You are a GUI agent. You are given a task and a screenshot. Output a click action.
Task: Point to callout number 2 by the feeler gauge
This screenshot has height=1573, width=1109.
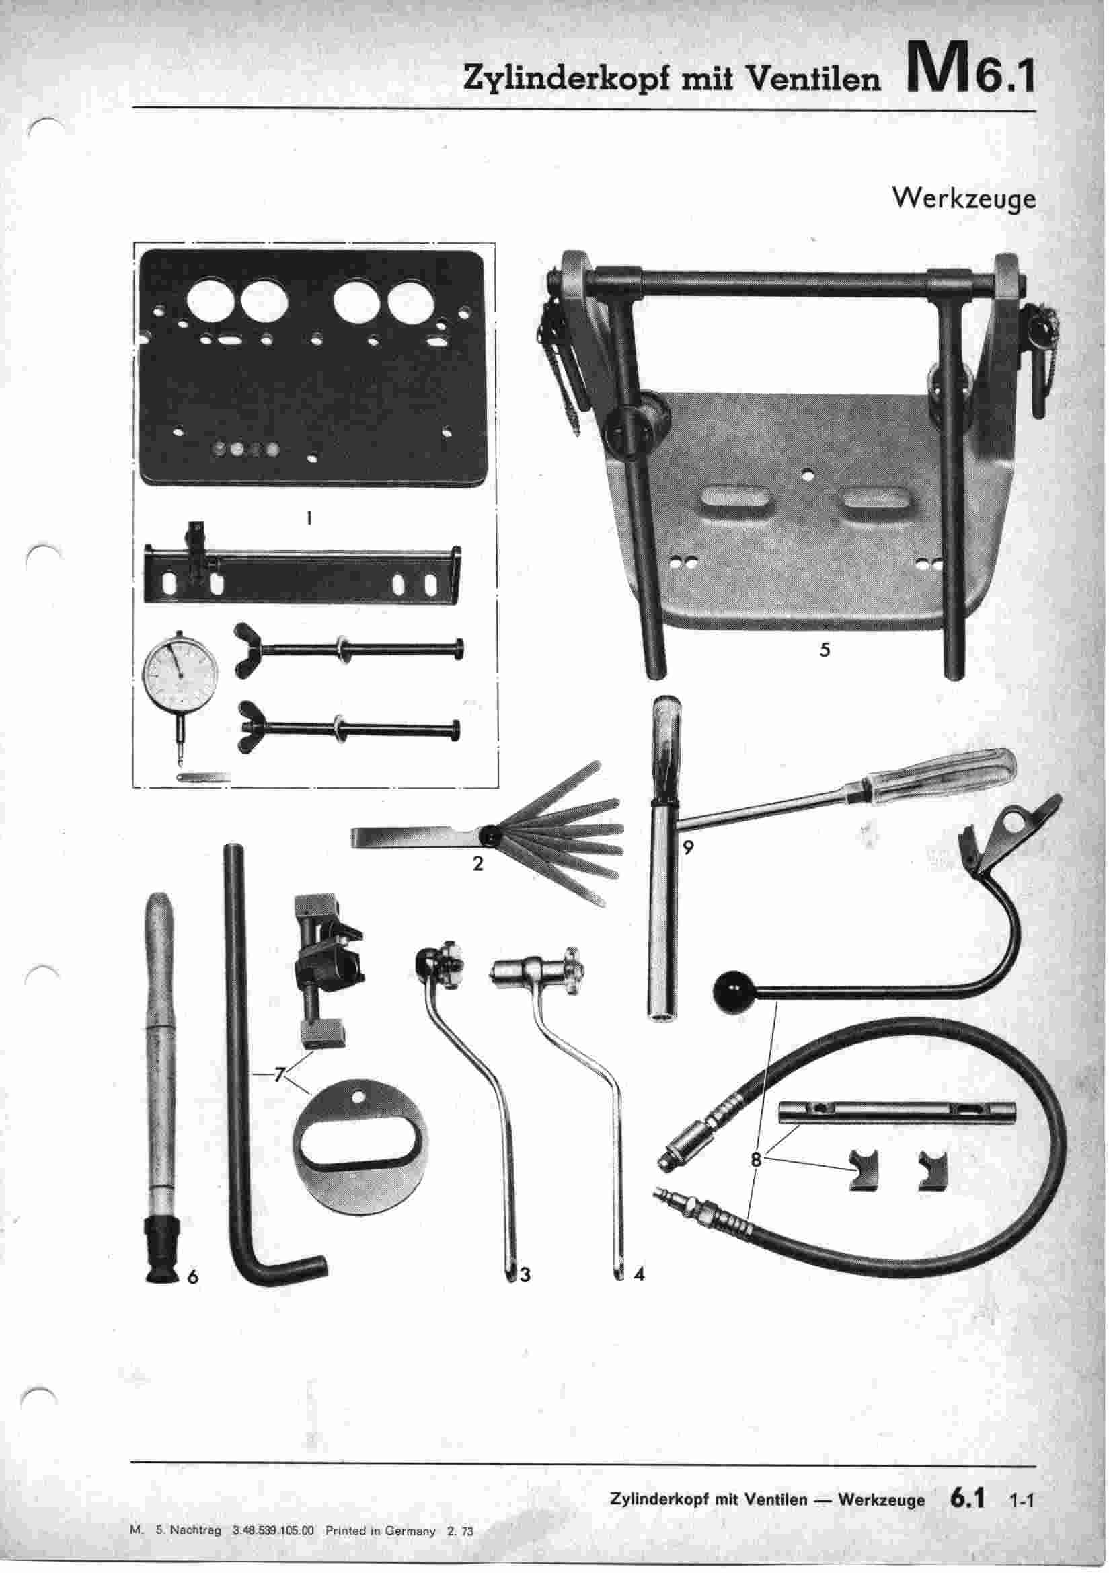click(477, 863)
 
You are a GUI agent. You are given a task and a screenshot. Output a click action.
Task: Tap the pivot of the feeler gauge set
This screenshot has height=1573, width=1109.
click(491, 835)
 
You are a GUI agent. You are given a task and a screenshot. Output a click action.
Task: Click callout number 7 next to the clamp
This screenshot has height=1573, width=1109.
click(279, 1074)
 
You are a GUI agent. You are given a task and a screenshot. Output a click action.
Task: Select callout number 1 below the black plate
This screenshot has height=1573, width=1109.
click(309, 519)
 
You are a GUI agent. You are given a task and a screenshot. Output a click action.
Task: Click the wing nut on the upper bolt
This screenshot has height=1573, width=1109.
click(247, 649)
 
